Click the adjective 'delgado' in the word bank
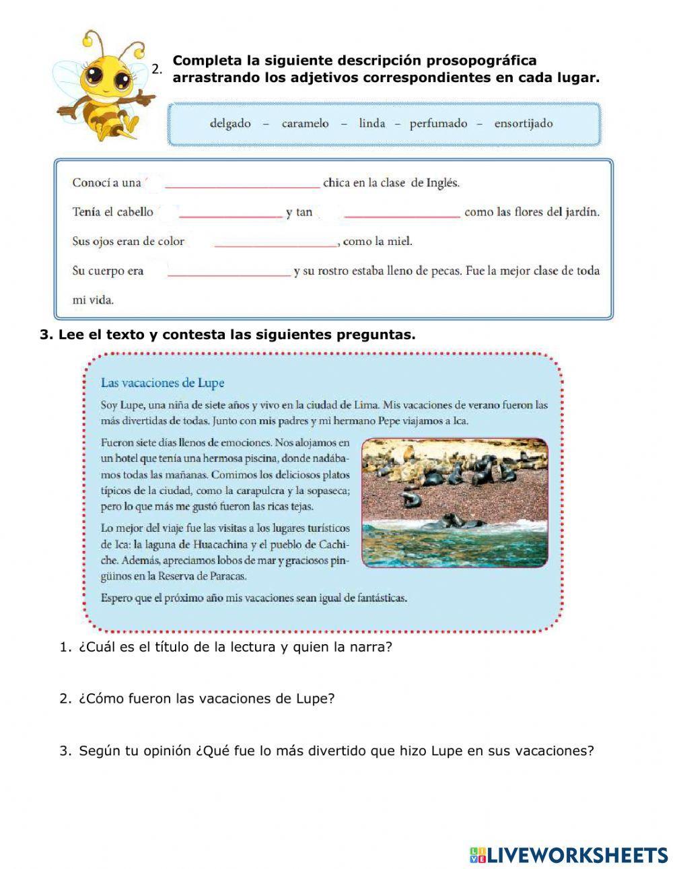pos(230,123)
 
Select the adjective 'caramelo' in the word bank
pos(305,123)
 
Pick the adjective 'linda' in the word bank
pos(372,123)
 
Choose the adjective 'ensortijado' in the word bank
pos(523,123)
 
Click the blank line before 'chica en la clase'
pos(242,183)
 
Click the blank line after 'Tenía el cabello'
pos(230,213)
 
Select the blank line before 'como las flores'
pos(402,213)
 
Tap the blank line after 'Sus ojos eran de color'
pos(275,242)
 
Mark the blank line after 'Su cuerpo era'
pos(229,272)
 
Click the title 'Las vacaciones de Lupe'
pos(162,383)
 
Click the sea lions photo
pos(455,502)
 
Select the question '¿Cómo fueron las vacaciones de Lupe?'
pos(207,699)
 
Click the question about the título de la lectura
pos(235,648)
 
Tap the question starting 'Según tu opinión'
pos(336,751)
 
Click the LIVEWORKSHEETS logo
pos(569,855)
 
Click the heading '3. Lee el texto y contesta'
pos(228,335)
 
